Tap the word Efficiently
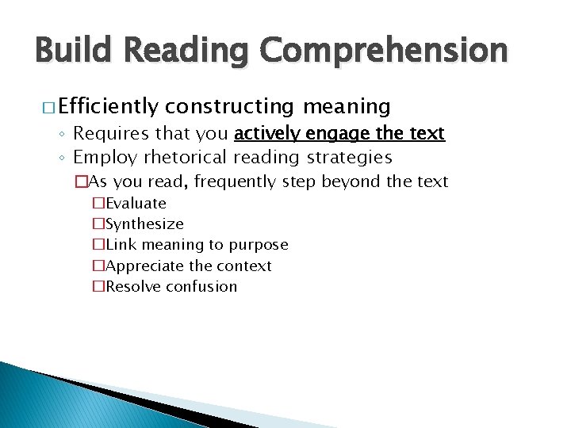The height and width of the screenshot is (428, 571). (109, 106)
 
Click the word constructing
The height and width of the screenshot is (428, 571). (231, 106)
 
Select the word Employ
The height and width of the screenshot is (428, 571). (105, 157)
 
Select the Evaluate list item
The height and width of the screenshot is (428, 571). (136, 204)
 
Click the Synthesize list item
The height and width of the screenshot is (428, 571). (144, 224)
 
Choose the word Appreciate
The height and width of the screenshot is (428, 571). (144, 266)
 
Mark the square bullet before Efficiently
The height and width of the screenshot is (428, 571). (41, 107)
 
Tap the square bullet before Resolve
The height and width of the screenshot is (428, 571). (99, 287)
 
